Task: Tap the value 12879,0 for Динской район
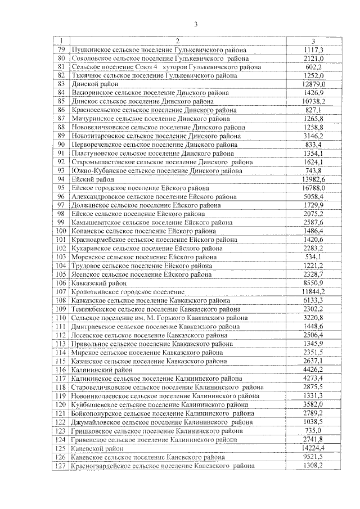(313, 84)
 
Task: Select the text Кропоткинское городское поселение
(128, 292)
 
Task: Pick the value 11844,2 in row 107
(313, 292)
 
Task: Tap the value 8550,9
(313, 283)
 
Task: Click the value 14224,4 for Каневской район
(313, 448)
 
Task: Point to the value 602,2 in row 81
(313, 66)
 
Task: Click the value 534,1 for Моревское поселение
(313, 257)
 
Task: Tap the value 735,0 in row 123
(313, 430)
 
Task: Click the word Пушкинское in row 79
(92, 49)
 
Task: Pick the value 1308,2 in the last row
(313, 466)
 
